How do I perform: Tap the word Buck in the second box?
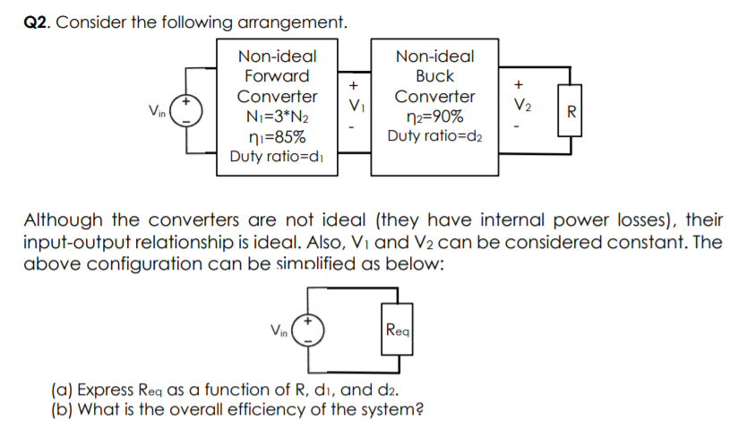[434, 76]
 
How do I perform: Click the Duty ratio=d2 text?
[434, 136]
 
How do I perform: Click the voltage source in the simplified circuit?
[309, 330]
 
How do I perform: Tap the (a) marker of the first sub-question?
[62, 391]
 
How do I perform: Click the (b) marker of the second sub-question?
[62, 411]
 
